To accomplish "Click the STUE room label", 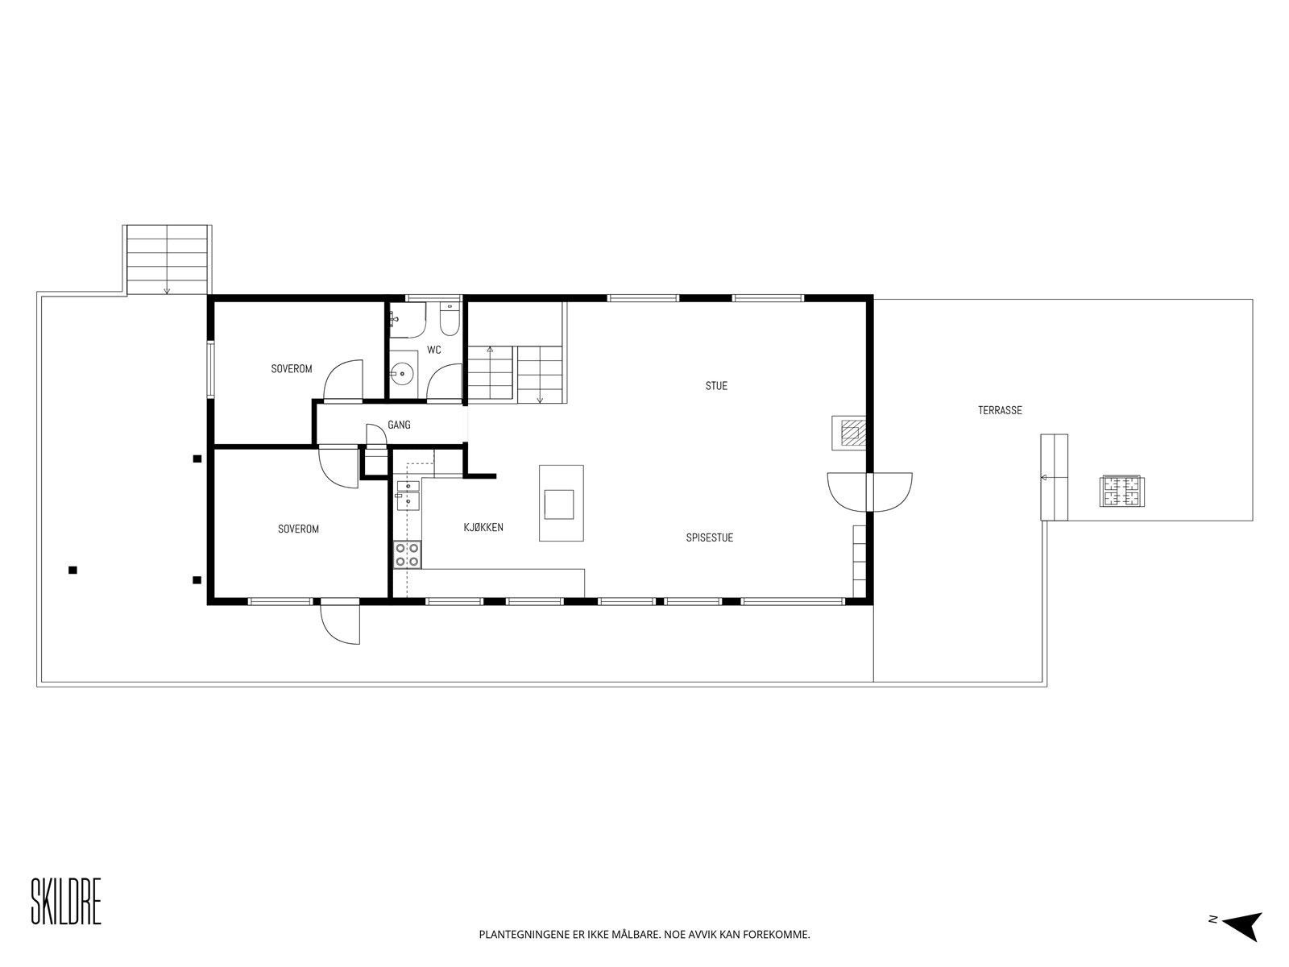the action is click(716, 386).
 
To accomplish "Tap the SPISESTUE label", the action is click(710, 537).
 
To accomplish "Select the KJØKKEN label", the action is click(483, 527).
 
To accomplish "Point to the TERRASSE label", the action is click(1000, 410).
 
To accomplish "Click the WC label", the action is click(434, 350).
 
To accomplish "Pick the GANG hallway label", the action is click(399, 425).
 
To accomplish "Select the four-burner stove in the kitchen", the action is click(407, 554).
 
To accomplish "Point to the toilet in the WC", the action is click(450, 319).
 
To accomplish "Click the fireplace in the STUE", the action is click(848, 434).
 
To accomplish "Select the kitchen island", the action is click(562, 503).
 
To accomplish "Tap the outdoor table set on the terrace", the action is click(1121, 490).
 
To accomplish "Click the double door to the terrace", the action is click(870, 492).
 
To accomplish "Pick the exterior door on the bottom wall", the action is click(340, 622).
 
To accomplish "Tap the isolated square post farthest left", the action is click(73, 570).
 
